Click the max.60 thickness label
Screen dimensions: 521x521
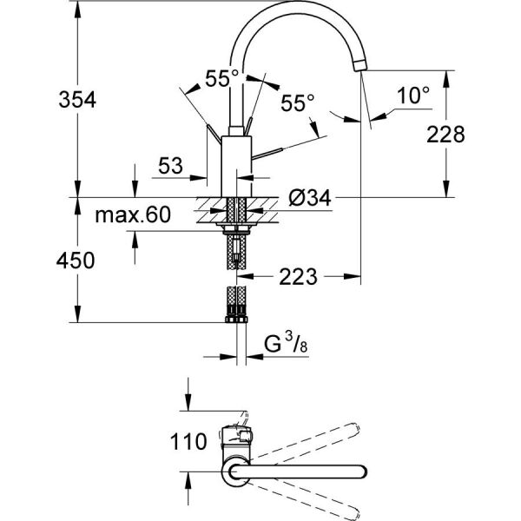(133, 214)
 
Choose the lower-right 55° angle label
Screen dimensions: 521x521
(297, 102)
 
